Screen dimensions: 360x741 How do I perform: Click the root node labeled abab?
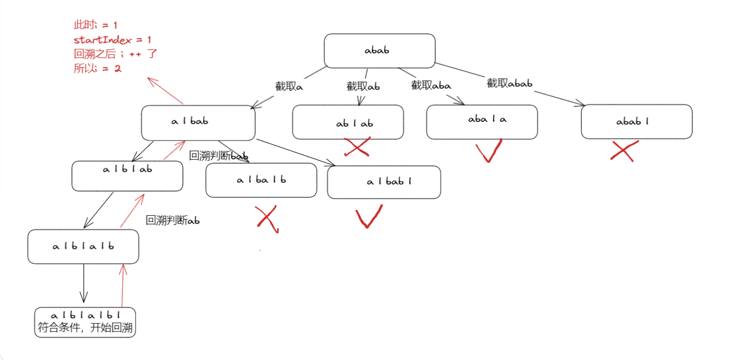click(380, 51)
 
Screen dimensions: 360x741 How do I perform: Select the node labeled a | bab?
click(198, 122)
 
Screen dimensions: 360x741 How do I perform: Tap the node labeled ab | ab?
click(348, 122)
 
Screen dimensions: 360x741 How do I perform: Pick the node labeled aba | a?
click(482, 122)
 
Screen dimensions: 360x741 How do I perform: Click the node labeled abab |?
click(636, 122)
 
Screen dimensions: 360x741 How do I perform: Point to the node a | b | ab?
click(128, 175)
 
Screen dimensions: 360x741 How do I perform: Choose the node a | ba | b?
click(261, 180)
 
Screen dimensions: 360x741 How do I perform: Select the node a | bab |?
click(384, 182)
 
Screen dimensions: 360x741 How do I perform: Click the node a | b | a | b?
click(83, 247)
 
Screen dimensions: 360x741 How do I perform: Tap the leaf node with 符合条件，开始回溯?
click(85, 322)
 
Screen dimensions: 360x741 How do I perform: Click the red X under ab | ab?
click(357, 147)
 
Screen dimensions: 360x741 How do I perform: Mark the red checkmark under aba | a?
click(489, 150)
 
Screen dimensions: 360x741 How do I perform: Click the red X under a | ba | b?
click(267, 219)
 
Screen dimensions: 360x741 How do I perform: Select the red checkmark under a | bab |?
click(369, 216)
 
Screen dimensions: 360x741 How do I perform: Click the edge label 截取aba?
click(431, 85)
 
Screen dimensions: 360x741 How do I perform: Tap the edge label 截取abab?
click(509, 83)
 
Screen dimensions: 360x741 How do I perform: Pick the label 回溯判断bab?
click(218, 156)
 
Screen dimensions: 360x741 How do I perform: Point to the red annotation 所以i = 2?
click(98, 69)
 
